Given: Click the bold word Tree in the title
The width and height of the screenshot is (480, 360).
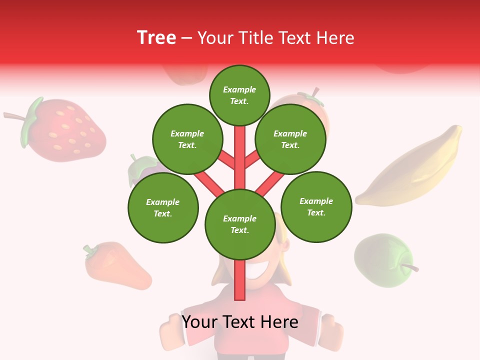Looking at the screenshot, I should pos(156,37).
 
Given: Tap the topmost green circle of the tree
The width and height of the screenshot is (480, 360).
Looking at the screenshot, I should pos(239,95).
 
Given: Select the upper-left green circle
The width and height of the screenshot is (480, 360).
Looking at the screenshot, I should pos(187,139).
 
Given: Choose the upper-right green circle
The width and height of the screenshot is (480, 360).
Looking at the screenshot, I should pos(290,139).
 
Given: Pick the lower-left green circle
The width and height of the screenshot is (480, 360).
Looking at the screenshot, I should pos(163,207).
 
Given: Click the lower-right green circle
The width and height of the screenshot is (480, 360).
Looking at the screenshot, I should pos(316,206).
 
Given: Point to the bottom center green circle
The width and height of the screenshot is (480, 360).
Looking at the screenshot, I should pos(240,224).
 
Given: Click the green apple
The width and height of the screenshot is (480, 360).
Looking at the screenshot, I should pos(382,260).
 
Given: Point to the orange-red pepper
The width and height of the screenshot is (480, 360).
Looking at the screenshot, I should pos(117,267).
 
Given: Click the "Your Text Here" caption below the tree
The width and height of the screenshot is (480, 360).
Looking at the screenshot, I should pos(240,322).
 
